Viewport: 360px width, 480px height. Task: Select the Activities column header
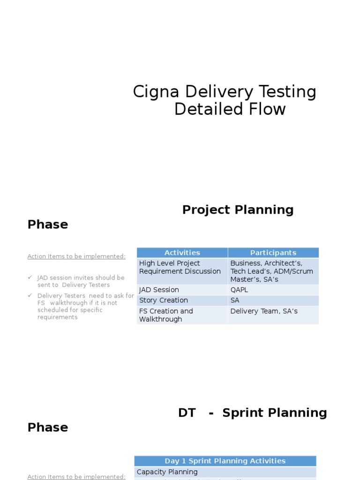pos(182,253)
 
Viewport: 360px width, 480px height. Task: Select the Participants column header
pos(273,253)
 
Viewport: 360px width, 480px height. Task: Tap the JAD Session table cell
pos(159,290)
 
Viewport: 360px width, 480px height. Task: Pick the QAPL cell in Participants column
pos(239,290)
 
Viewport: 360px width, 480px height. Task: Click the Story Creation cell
pos(163,300)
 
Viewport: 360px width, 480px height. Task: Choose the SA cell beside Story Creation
pos(235,300)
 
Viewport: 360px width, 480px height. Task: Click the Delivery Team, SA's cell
pos(263,311)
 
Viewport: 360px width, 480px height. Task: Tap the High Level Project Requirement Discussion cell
pos(180,267)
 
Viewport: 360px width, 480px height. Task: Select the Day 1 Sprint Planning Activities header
pos(225,461)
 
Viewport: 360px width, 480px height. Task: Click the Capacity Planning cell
pos(167,472)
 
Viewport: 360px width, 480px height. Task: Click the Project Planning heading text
pos(238,210)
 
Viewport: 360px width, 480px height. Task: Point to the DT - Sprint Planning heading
pos(252,412)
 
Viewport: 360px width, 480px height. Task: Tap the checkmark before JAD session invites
pos(30,277)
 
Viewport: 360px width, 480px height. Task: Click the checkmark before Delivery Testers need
pos(30,295)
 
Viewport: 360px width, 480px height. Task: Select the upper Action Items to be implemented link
pos(76,256)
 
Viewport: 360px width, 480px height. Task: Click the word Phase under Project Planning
pos(48,225)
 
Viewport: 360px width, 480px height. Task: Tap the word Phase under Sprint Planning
pos(48,427)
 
